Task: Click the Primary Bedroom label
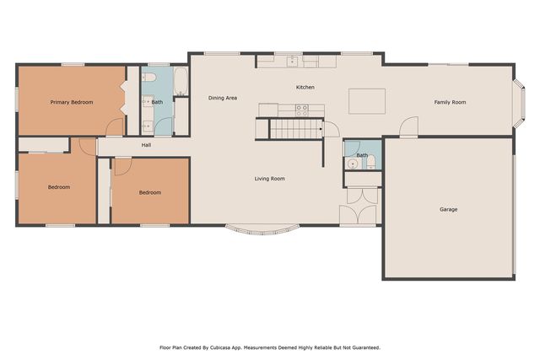71,102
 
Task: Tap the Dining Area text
223,98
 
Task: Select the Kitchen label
305,88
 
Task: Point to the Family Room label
450,102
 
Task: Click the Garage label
448,209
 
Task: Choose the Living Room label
270,179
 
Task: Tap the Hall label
146,145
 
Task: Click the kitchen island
366,101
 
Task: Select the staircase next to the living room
295,129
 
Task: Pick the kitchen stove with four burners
302,108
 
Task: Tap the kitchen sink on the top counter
292,61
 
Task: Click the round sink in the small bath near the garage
352,164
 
